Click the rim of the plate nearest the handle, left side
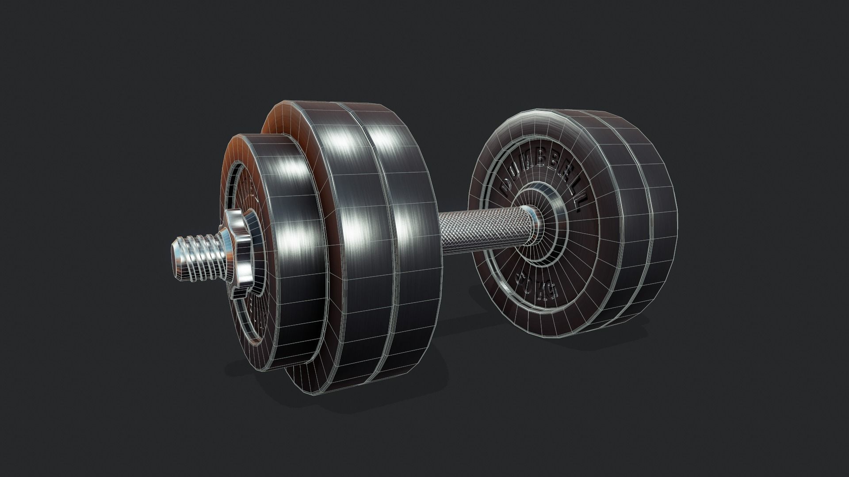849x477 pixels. click(411, 247)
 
